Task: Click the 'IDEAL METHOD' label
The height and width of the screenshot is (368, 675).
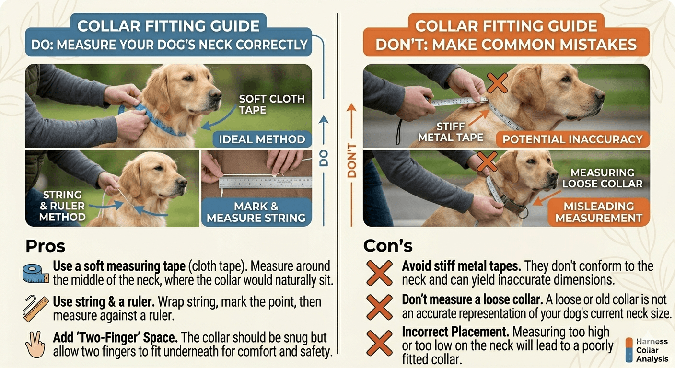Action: coord(262,139)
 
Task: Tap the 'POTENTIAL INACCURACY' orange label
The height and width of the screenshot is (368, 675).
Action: coord(572,139)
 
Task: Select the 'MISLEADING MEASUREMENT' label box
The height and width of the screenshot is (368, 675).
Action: coord(599,212)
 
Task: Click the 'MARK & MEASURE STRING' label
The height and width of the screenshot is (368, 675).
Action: coord(256,212)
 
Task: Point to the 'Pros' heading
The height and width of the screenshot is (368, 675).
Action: coord(46,246)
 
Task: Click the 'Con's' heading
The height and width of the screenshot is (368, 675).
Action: coord(388,246)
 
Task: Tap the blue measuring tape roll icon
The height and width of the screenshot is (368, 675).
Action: coord(35,274)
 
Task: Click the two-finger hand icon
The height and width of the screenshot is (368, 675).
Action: coord(35,344)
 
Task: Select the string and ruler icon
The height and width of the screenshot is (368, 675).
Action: coord(35,309)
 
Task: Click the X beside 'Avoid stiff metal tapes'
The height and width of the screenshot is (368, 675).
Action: coord(379,273)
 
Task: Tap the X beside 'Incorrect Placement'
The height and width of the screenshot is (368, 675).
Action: coord(379,343)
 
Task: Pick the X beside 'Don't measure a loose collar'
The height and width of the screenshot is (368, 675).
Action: coord(379,307)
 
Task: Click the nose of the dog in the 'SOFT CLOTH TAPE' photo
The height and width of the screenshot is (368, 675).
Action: coord(216,94)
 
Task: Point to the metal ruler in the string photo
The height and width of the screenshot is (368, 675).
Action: coord(265,182)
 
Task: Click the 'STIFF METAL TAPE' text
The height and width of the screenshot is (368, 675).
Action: coord(451,132)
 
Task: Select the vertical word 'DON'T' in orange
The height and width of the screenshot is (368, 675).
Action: coord(352,161)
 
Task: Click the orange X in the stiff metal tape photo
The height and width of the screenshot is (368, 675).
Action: coord(497,83)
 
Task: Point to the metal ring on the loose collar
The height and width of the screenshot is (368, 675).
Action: coord(523,213)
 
